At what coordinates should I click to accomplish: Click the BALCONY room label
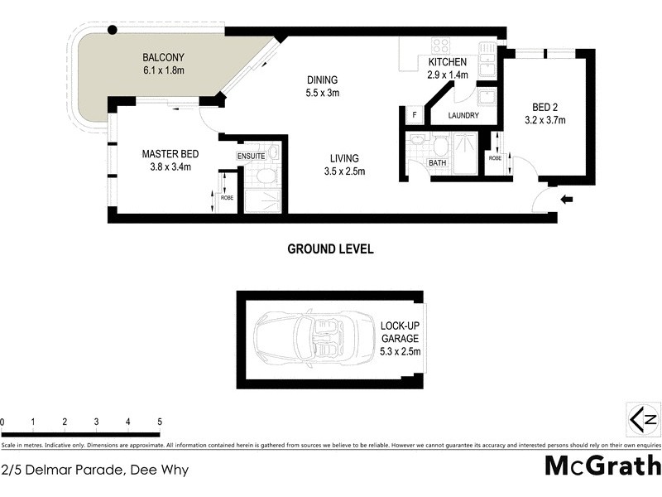click(x=163, y=57)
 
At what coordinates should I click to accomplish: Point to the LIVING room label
click(x=343, y=158)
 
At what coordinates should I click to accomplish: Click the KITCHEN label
click(x=449, y=62)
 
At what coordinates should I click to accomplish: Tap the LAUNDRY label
click(x=464, y=116)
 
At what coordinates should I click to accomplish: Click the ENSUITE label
click(x=252, y=156)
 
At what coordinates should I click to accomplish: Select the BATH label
click(x=436, y=163)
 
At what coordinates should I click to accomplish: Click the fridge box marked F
click(x=414, y=115)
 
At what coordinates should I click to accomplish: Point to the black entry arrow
click(x=567, y=199)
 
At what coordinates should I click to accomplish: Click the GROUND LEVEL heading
click(x=330, y=248)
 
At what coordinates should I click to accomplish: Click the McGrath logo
click(x=602, y=465)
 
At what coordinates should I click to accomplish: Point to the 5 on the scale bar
click(x=159, y=422)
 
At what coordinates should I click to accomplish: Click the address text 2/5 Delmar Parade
click(x=94, y=470)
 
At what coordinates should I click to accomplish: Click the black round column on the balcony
click(x=113, y=31)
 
